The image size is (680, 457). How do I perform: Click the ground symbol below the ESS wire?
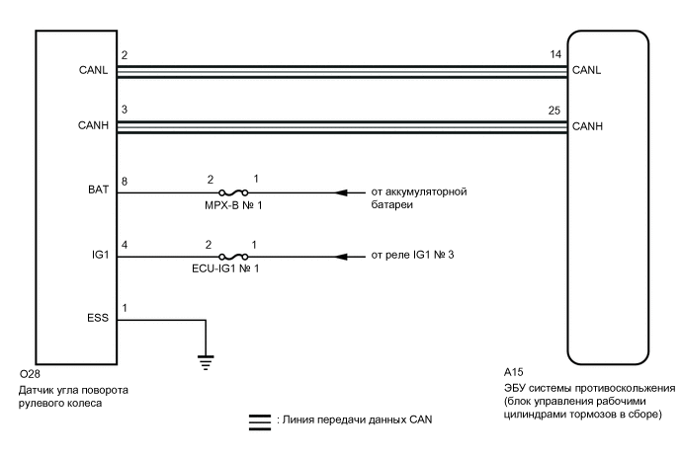click(x=206, y=361)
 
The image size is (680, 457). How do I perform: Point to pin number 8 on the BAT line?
click(x=124, y=181)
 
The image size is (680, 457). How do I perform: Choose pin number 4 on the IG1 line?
click(x=124, y=245)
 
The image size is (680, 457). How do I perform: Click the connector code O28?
click(x=29, y=375)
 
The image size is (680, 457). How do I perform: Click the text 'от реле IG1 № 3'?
click(x=412, y=256)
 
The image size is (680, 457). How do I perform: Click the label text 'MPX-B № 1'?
click(x=232, y=205)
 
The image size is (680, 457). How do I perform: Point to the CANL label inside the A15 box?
click(x=586, y=70)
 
